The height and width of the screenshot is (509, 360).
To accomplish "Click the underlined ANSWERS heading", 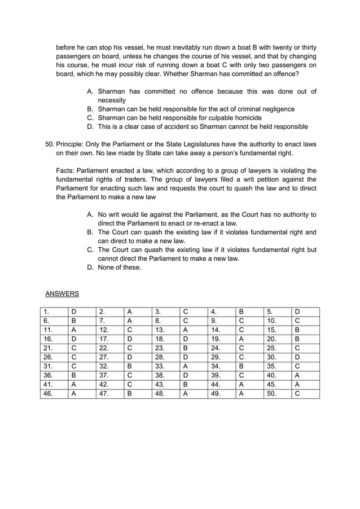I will click(62, 293).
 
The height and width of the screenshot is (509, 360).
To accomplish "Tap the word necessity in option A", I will click(112, 100).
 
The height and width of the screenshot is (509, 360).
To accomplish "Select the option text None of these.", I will click(119, 267).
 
